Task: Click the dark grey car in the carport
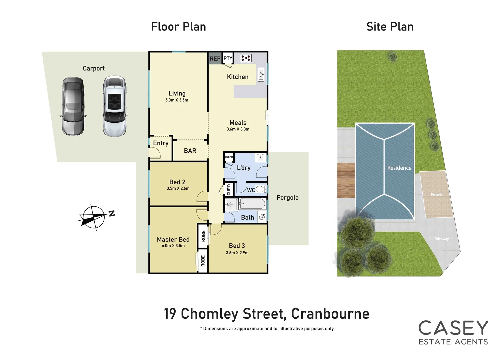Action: (73, 106)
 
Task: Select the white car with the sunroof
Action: (114, 106)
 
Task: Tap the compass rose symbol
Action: (94, 217)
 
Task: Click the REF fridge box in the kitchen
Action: (215, 59)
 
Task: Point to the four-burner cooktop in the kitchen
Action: (246, 58)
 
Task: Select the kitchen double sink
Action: (261, 75)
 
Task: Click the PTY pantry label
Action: (228, 58)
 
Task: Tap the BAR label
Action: (190, 151)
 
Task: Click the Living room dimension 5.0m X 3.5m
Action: (177, 100)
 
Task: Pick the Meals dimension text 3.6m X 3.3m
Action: (238, 129)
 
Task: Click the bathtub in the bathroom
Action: (252, 204)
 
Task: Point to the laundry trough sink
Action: (260, 157)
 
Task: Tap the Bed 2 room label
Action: (177, 182)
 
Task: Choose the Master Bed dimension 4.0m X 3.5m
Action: (173, 246)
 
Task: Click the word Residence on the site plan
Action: (399, 168)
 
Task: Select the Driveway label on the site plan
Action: (441, 239)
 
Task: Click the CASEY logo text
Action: (453, 328)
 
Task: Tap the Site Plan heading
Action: (390, 27)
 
